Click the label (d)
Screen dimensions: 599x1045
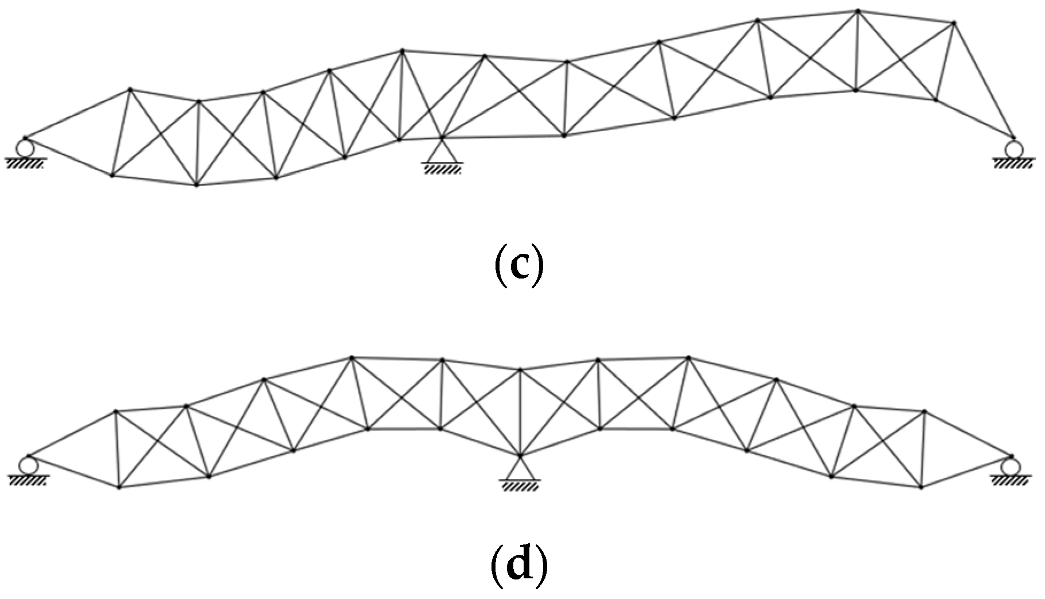click(518, 566)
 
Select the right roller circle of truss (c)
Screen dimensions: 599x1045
click(1014, 149)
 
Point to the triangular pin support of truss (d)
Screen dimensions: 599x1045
click(520, 469)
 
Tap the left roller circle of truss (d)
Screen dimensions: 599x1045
click(26, 464)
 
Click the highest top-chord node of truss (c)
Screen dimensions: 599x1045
click(858, 10)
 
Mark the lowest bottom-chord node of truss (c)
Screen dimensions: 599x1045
click(196, 185)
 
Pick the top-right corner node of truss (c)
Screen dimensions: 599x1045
click(954, 23)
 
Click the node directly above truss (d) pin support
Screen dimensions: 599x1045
click(520, 369)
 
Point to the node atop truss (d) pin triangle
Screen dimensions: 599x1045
click(520, 455)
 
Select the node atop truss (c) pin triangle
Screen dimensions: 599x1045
click(441, 137)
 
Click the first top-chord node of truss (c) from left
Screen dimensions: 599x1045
click(130, 89)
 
